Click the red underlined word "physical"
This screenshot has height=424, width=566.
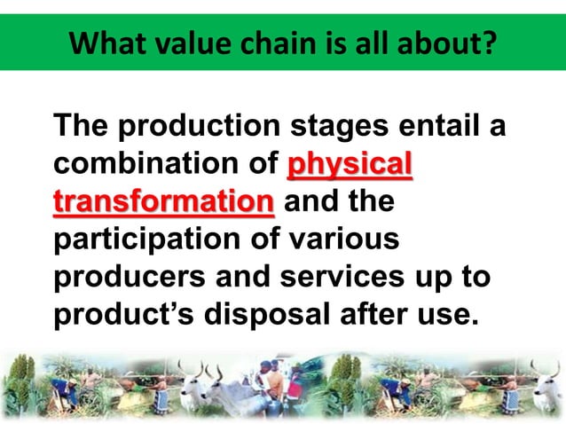[x=351, y=166]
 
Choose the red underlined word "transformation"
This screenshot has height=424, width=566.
[x=163, y=201]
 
